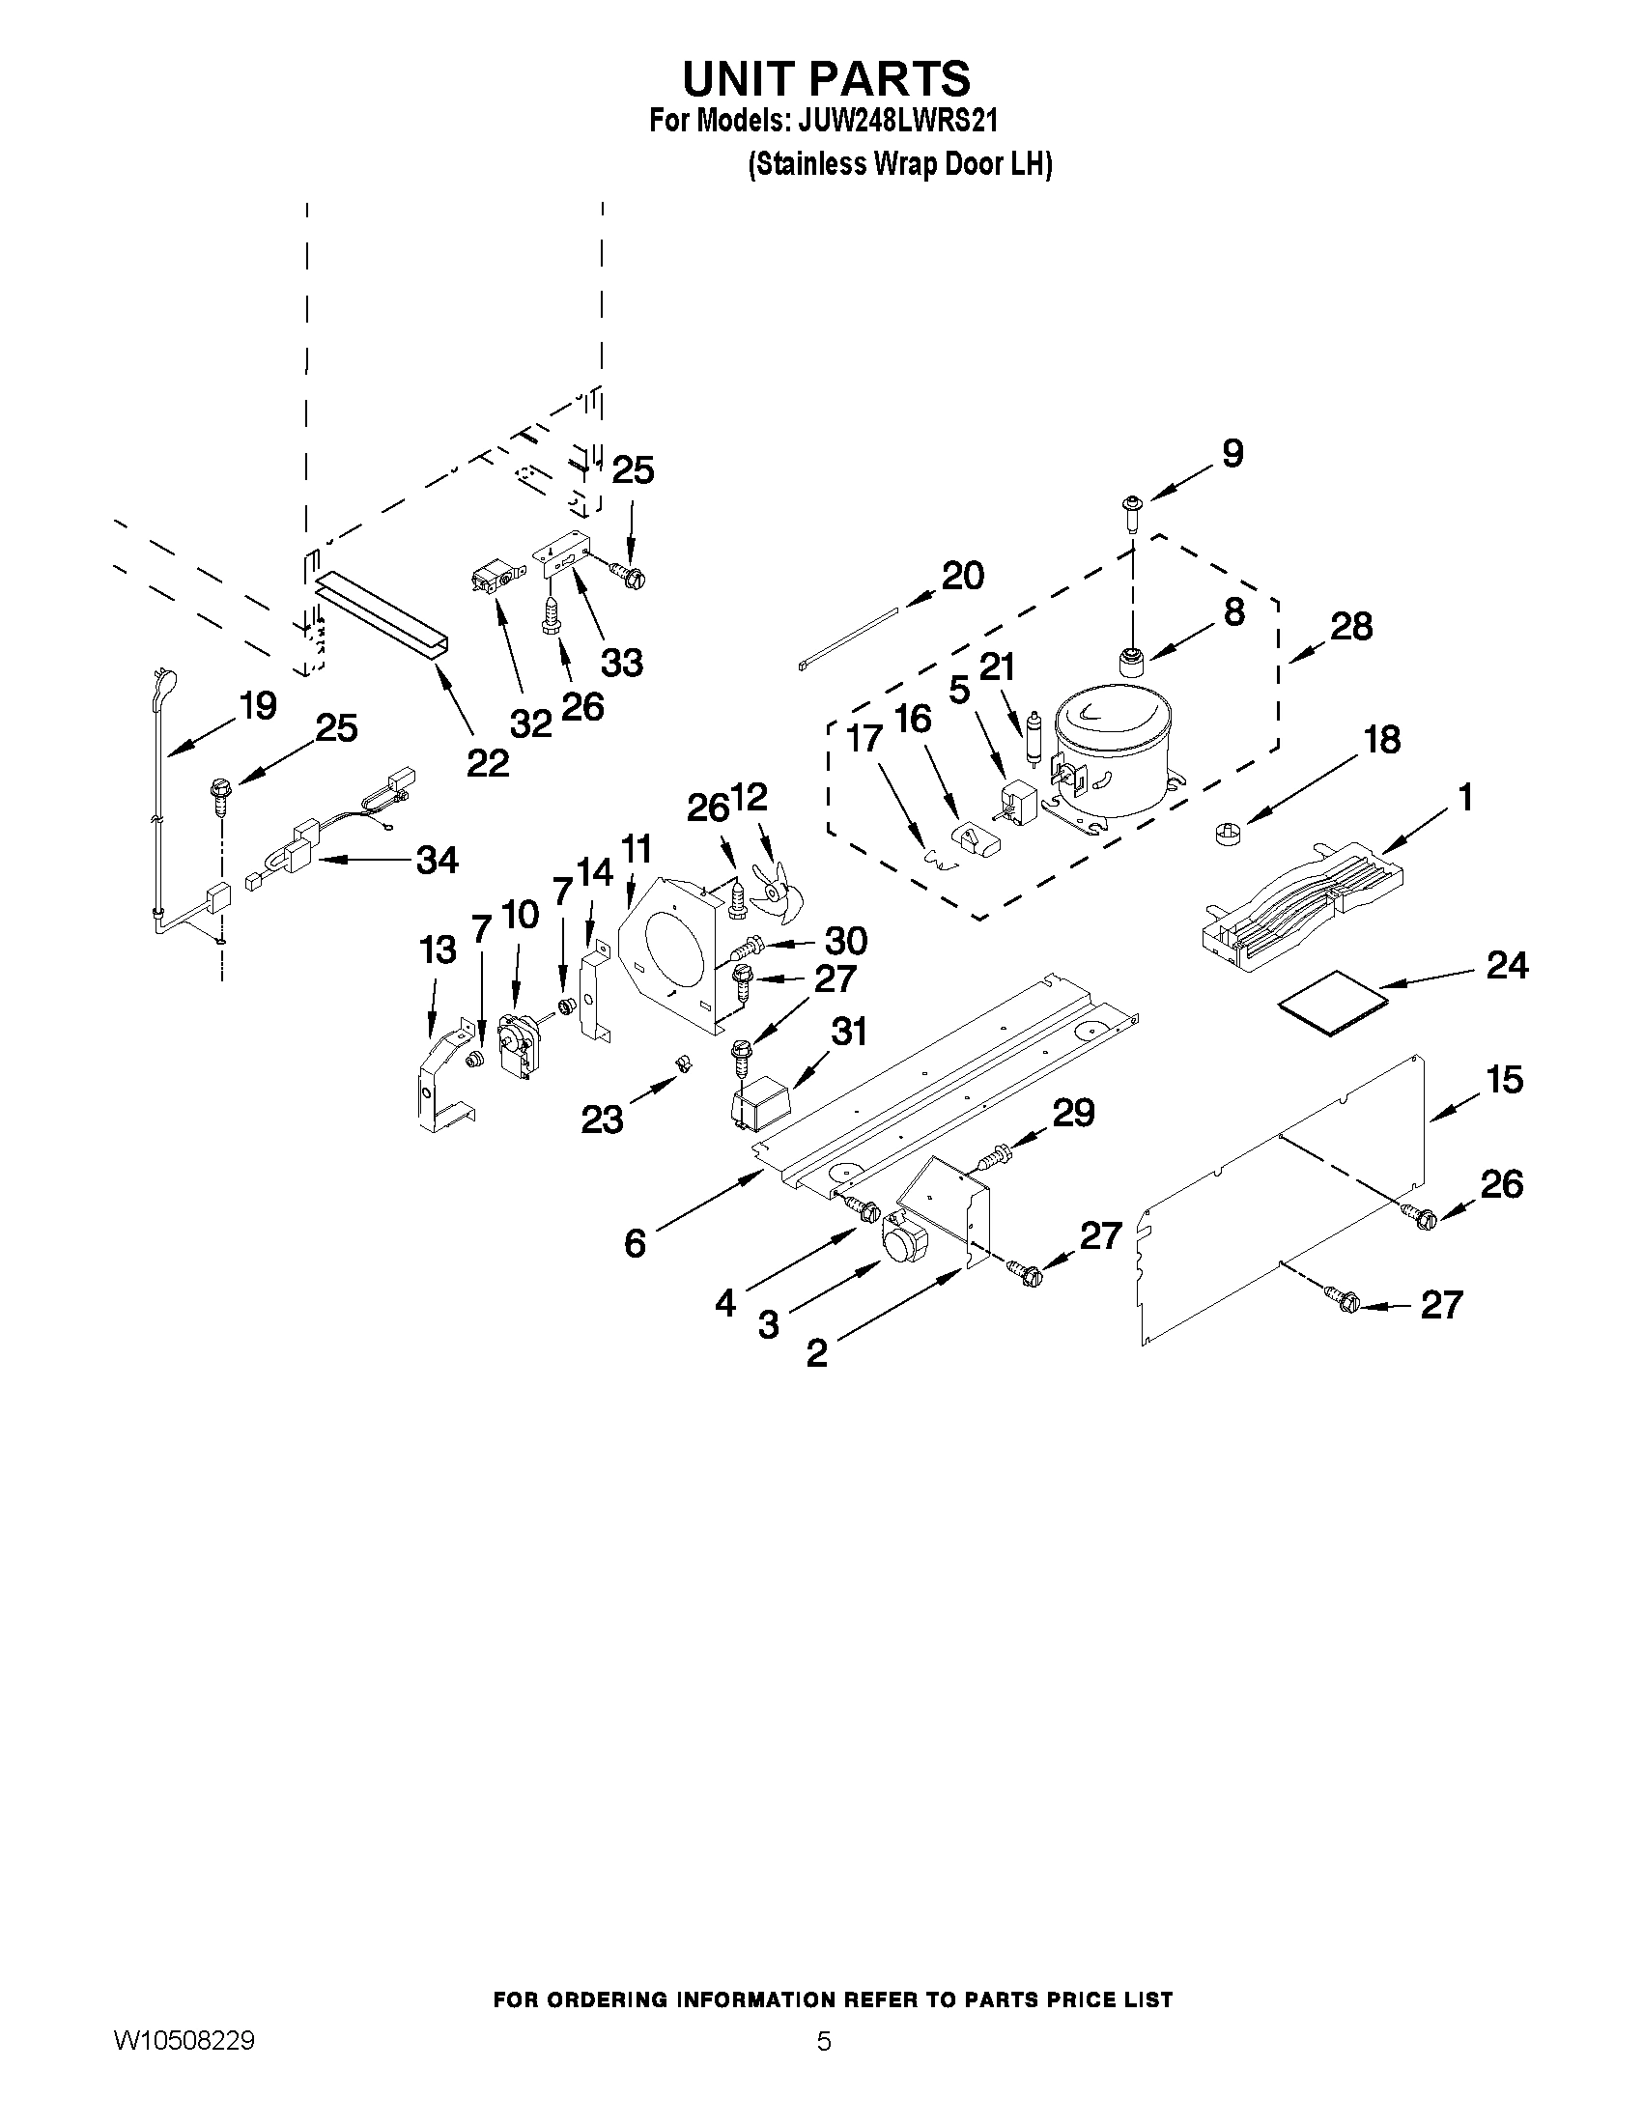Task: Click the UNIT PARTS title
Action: pyautogui.click(x=826, y=78)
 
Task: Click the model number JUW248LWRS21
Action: pyautogui.click(x=897, y=122)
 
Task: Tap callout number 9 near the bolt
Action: pyautogui.click(x=1232, y=454)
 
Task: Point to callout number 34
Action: pyautogui.click(x=437, y=861)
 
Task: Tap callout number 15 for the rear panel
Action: pyautogui.click(x=1505, y=1080)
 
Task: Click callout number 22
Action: pyautogui.click(x=488, y=762)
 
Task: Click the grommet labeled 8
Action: pyautogui.click(x=1131, y=660)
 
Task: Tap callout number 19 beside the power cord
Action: pyautogui.click(x=258, y=706)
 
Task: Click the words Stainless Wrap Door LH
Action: pyautogui.click(x=900, y=163)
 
